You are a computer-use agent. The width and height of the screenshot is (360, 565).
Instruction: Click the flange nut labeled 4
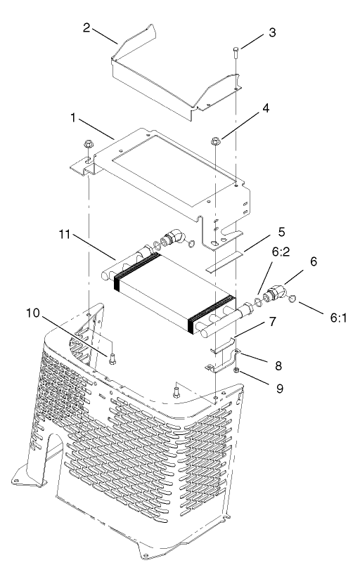(215, 144)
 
